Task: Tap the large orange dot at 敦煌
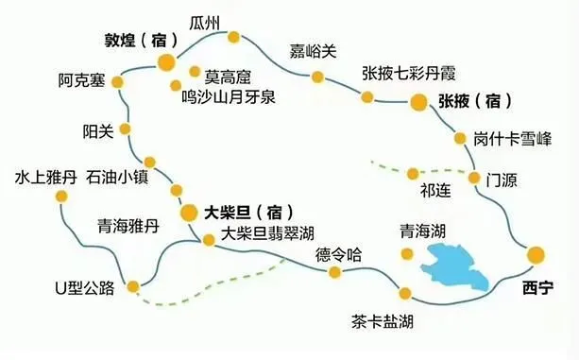pos(165,63)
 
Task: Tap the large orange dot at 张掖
pos(417,101)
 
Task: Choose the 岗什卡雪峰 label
pos(513,139)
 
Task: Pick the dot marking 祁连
pos(413,173)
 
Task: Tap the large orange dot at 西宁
pos(536,253)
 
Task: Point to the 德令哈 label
pos(338,254)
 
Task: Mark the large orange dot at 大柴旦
pos(188,212)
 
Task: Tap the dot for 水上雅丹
pos(62,197)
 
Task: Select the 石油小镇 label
pos(116,177)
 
